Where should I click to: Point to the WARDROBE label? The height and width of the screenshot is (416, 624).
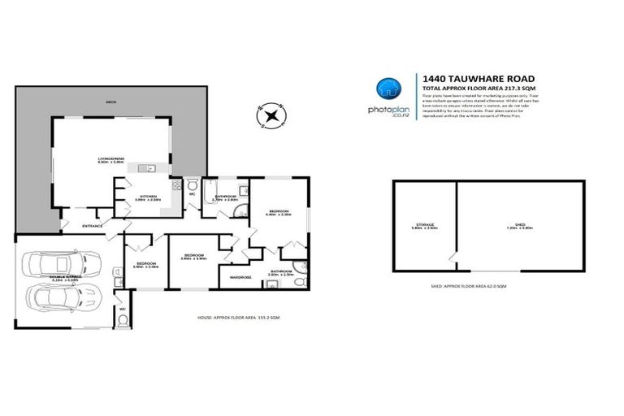tap(241, 277)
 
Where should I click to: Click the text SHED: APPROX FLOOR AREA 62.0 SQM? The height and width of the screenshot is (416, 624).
tap(469, 287)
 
